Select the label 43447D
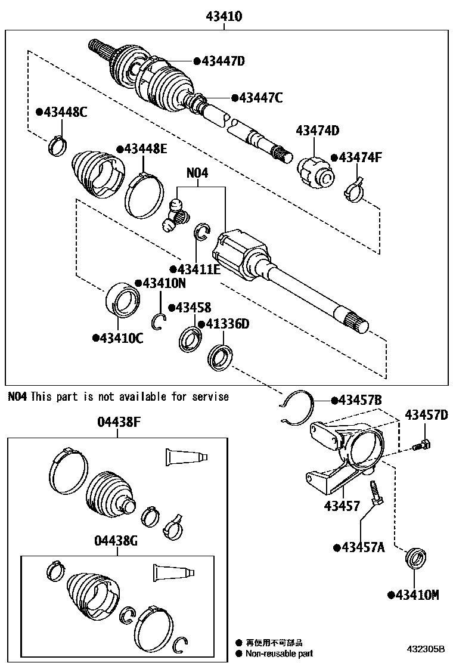pyautogui.click(x=219, y=60)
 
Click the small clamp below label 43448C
pyautogui.click(x=58, y=144)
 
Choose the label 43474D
pyautogui.click(x=317, y=131)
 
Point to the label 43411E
pyautogui.click(x=195, y=269)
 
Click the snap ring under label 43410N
pyautogui.click(x=159, y=321)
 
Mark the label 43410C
pyautogui.click(x=118, y=338)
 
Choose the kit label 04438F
pyautogui.click(x=119, y=423)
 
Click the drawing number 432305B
pyautogui.click(x=426, y=648)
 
